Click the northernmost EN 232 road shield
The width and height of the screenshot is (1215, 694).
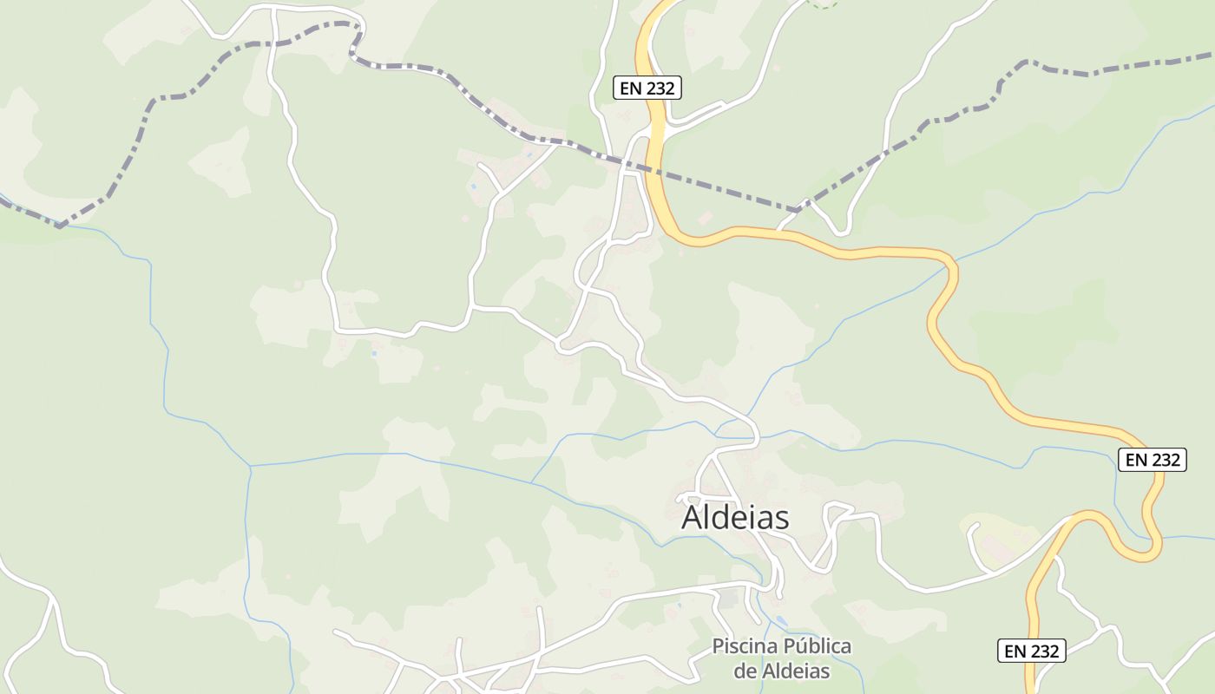point(647,88)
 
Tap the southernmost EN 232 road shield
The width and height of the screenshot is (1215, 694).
point(1031,651)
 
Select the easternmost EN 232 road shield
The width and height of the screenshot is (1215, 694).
point(1152,460)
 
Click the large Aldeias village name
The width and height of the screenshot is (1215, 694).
point(735,518)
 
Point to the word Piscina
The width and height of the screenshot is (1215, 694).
point(745,646)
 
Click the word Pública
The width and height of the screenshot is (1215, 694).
point(818,646)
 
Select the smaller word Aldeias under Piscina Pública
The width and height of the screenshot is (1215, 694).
point(797,671)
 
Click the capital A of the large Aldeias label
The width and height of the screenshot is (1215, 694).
point(693,518)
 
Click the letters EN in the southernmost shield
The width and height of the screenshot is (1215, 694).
point(1015,651)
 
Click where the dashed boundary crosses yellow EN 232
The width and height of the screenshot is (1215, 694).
point(657,170)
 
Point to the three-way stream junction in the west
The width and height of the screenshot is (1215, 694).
point(251,467)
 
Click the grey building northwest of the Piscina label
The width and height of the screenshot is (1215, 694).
point(729,598)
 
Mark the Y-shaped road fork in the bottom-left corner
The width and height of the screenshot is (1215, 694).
point(54,599)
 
